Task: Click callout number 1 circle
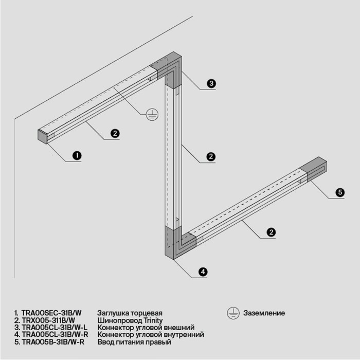pos(77,155)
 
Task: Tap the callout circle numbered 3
pos(211,83)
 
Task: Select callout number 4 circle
pos(203,271)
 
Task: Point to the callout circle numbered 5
pos(340,192)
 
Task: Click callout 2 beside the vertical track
pos(210,156)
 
